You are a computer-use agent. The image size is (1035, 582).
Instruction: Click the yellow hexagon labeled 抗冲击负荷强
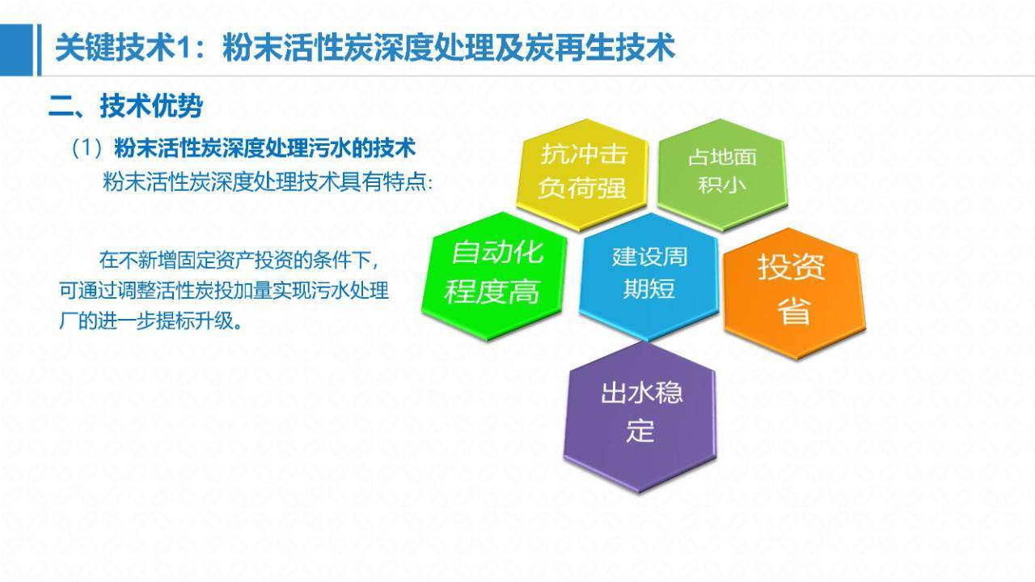582,175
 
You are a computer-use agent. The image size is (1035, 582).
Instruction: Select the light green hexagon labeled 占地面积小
722,174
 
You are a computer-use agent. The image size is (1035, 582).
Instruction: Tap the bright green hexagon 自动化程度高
494,277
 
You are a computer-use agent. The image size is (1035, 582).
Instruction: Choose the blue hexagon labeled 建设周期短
648,276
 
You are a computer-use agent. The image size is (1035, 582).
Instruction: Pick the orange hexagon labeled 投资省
794,293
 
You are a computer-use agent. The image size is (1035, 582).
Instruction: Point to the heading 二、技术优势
125,106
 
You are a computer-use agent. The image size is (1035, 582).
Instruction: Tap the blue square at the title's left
17,50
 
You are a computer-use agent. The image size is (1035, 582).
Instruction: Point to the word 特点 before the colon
405,182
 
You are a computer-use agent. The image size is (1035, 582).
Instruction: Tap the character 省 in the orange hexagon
794,311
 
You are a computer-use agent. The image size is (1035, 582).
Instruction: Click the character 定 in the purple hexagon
640,431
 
